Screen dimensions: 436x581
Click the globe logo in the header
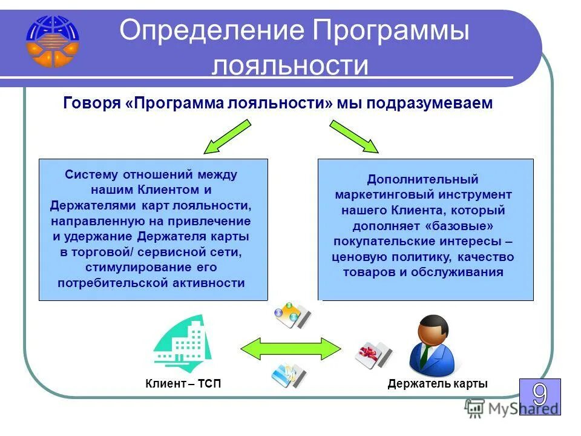(52, 41)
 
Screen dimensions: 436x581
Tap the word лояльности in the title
(289, 65)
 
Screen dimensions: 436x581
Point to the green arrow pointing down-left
(226, 136)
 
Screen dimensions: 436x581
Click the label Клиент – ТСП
(179, 384)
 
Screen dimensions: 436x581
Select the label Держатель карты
(438, 384)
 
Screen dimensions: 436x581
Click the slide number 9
(539, 396)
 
